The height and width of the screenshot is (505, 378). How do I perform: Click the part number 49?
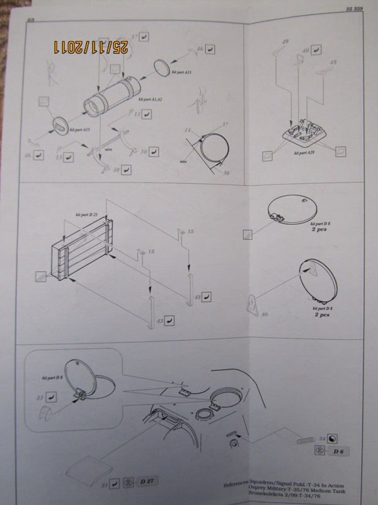tap(285, 42)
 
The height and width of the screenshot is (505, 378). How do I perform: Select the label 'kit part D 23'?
tap(87, 215)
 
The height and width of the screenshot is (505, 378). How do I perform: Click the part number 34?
tap(322, 438)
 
